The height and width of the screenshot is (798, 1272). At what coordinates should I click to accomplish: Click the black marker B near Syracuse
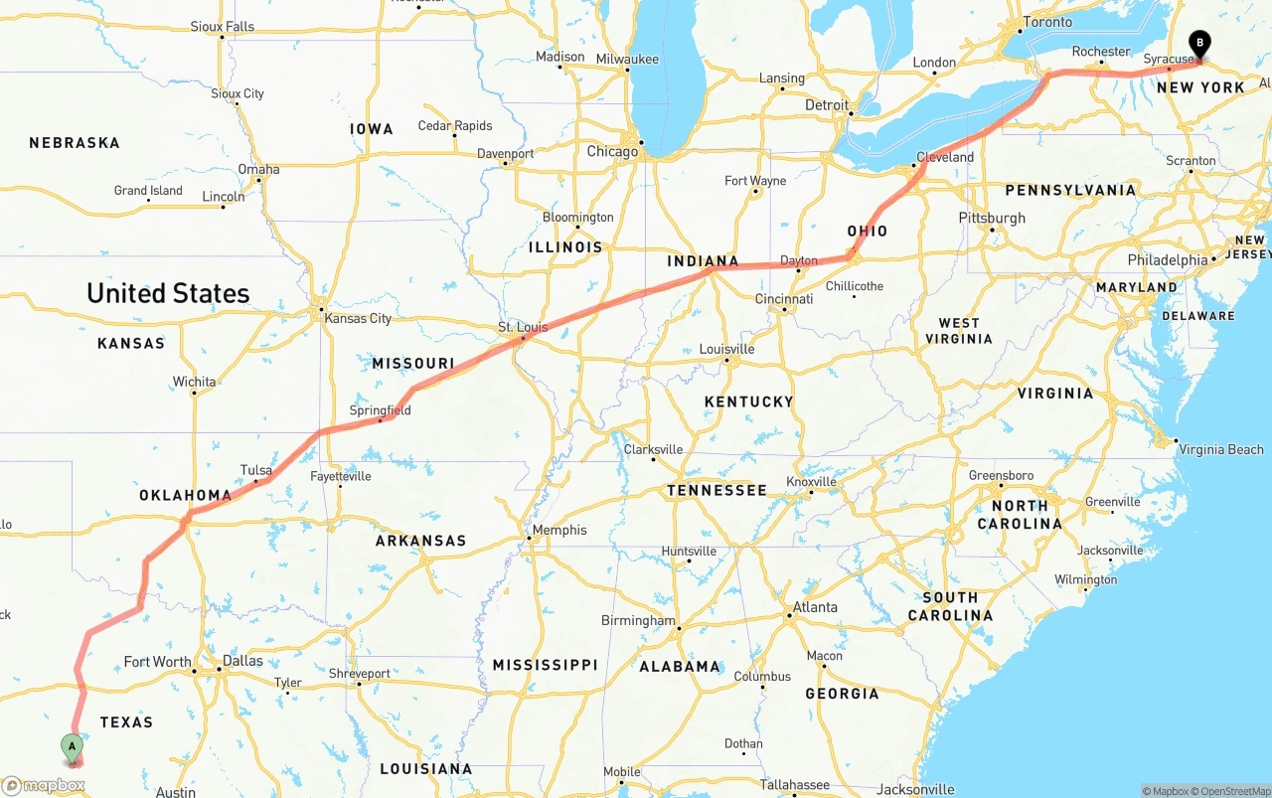click(x=1199, y=44)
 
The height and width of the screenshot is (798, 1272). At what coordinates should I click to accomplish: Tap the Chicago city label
click(x=612, y=152)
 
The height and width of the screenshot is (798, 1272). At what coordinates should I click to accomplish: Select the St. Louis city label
click(x=523, y=327)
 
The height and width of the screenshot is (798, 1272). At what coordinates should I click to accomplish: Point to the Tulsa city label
click(x=255, y=470)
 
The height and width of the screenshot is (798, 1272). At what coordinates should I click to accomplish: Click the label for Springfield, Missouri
click(x=380, y=410)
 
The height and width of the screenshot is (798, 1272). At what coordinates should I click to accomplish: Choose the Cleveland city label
click(x=945, y=157)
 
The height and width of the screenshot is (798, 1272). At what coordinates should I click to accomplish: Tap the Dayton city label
click(x=798, y=261)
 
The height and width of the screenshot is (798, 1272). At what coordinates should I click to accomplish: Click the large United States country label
click(x=168, y=293)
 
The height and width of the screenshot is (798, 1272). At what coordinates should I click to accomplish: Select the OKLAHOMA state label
click(x=185, y=495)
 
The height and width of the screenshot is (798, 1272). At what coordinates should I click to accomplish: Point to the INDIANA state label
click(x=703, y=261)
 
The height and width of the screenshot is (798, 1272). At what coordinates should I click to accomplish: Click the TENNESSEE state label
click(x=716, y=490)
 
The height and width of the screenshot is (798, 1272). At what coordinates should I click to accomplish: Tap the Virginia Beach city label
click(x=1220, y=449)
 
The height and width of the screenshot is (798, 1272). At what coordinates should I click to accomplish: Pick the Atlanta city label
click(x=815, y=607)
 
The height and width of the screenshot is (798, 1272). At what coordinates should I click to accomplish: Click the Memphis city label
click(x=559, y=530)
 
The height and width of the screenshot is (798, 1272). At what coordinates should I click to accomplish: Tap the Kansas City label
click(x=358, y=318)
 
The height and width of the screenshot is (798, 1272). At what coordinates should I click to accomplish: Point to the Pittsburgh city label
click(x=992, y=218)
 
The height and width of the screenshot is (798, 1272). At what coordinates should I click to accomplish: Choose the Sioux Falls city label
click(x=222, y=27)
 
